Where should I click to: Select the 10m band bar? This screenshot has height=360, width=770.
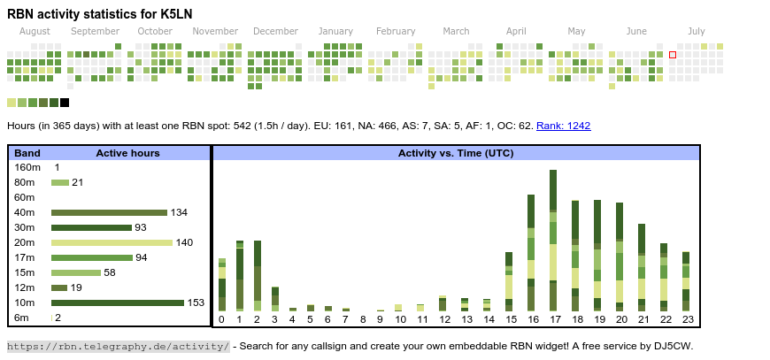click(117, 303)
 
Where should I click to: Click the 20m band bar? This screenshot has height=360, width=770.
click(112, 242)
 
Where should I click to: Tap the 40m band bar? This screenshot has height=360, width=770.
click(109, 212)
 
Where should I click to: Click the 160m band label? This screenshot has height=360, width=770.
click(27, 167)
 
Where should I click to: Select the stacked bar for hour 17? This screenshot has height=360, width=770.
click(553, 240)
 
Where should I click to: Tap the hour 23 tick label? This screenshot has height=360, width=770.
click(686, 319)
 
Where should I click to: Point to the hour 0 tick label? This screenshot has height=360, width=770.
click(221, 319)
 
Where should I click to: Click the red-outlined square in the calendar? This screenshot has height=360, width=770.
click(673, 55)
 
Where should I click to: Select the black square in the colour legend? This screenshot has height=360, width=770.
click(65, 103)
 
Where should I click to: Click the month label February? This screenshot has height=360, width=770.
click(395, 31)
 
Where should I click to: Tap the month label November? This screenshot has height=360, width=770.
click(215, 31)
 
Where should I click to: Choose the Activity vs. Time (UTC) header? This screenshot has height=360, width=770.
click(456, 153)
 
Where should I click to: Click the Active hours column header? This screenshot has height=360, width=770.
click(127, 153)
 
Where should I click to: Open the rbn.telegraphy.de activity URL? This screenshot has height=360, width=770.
click(119, 346)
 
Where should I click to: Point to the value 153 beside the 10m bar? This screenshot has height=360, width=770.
click(196, 303)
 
